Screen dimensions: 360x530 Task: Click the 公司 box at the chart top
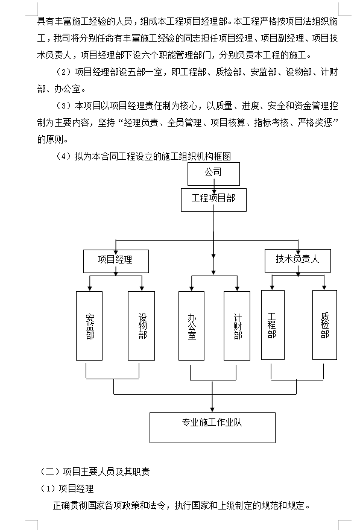213,174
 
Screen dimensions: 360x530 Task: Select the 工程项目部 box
213,200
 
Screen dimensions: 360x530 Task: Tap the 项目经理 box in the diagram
116,261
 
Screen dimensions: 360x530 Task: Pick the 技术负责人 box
298,260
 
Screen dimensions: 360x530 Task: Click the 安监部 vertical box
89,326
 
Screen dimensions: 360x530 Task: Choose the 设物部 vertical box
141,326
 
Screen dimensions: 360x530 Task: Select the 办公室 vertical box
191,326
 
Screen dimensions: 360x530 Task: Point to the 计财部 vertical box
237,326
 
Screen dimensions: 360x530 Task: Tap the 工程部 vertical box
273,325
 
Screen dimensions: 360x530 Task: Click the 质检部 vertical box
324,325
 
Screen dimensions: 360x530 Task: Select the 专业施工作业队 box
213,427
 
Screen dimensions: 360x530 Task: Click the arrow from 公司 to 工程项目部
214,186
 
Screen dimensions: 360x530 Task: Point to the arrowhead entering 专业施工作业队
212,409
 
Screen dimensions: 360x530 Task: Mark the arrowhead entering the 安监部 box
90,288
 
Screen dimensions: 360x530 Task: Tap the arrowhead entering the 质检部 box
324,287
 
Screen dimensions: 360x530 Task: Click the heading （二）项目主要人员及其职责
95,472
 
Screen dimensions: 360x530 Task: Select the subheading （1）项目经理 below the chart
66,488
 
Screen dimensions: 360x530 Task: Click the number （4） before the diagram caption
63,156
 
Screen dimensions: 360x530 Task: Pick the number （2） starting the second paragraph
63,72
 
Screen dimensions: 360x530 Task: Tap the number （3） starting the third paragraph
63,106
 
